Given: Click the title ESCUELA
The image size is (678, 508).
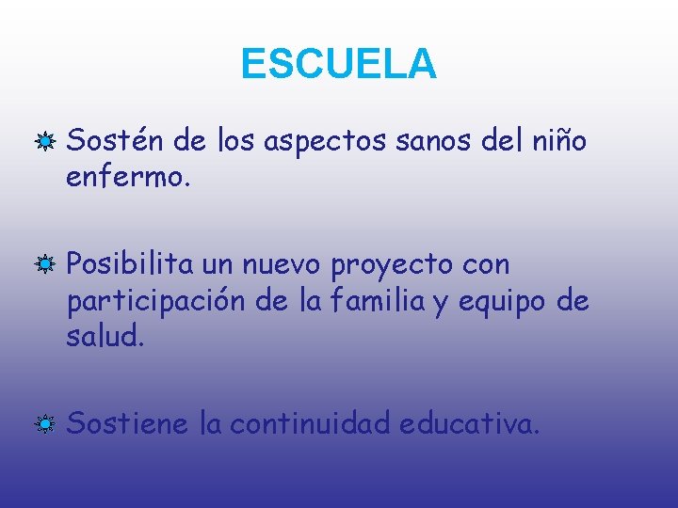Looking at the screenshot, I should pyautogui.click(x=339, y=64).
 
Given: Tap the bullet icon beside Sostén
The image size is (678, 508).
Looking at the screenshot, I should pyautogui.click(x=43, y=143).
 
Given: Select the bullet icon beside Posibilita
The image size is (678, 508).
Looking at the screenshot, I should pyautogui.click(x=43, y=266).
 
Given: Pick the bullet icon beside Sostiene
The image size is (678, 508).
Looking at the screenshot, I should pyautogui.click(x=43, y=425).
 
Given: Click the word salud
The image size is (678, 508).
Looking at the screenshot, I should pyautogui.click(x=103, y=336).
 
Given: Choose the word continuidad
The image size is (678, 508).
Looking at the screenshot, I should pyautogui.click(x=310, y=424).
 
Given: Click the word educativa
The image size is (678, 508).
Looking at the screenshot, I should pyautogui.click(x=468, y=424).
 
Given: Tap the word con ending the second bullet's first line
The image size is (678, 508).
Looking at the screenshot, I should pyautogui.click(x=487, y=265).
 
